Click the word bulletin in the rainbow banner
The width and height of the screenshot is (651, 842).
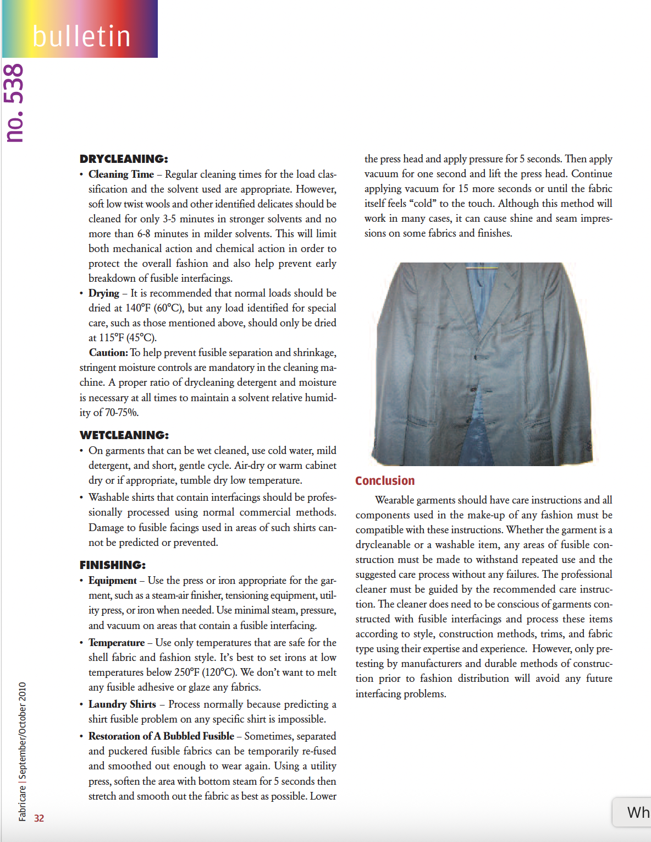(81, 37)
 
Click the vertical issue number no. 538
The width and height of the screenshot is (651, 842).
(14, 103)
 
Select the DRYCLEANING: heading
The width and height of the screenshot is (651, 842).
(124, 159)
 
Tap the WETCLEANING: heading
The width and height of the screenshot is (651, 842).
(124, 435)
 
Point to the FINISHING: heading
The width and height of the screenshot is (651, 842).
(113, 565)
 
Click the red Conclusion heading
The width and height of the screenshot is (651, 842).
(385, 481)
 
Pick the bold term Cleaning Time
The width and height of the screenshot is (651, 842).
(121, 174)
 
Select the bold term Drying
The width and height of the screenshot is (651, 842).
(104, 293)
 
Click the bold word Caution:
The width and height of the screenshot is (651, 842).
(108, 353)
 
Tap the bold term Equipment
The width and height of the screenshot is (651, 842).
(113, 581)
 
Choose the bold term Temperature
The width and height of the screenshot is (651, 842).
(117, 643)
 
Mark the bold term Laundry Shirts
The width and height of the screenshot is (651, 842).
(122, 704)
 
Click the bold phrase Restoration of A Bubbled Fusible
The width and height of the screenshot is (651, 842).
(161, 736)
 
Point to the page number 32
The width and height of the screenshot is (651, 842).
(39, 818)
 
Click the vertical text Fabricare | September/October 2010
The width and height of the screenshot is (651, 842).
(22, 751)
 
